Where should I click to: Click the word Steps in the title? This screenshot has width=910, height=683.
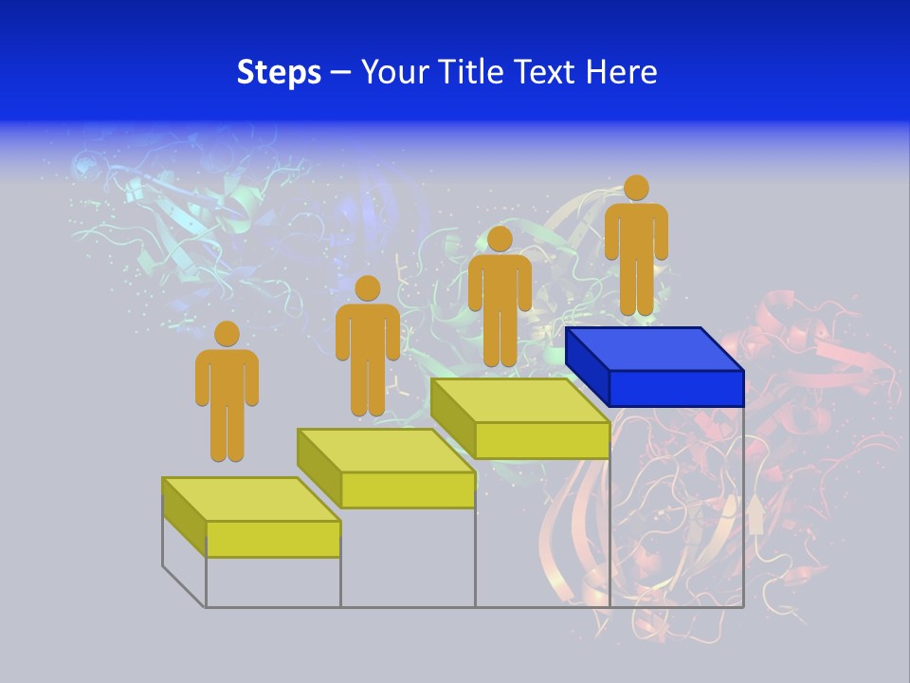point(279,72)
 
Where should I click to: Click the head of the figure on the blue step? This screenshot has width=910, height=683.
point(636,188)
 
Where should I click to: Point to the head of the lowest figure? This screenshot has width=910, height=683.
point(227,334)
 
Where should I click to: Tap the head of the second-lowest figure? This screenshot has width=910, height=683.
point(367,288)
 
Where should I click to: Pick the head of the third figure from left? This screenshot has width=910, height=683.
point(500,238)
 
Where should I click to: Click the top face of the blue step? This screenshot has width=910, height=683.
point(654,349)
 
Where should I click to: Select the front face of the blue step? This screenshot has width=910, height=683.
point(676,388)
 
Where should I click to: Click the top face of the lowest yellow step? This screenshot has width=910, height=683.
point(251,499)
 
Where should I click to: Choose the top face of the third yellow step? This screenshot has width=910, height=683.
point(519,400)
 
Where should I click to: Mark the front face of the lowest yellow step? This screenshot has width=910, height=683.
point(273,539)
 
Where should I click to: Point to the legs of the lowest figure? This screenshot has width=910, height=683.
point(227,432)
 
